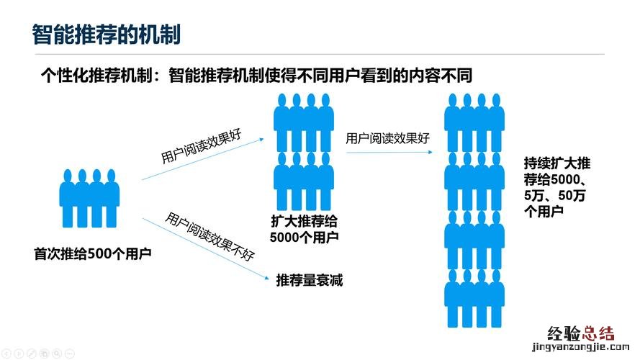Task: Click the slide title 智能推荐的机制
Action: [x=106, y=34]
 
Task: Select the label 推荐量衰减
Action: [x=309, y=280]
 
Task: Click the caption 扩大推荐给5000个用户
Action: [x=303, y=228]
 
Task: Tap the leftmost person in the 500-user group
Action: [x=66, y=197]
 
